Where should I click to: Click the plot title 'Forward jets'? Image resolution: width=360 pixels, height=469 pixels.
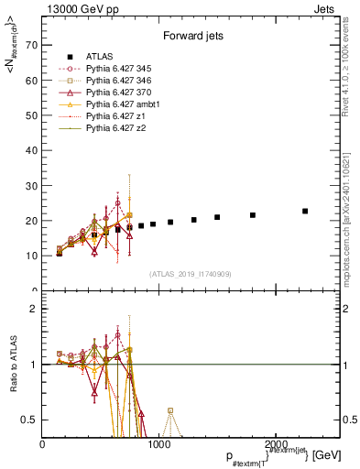coord(191,38)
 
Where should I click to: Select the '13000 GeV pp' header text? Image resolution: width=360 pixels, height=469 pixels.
coord(80,7)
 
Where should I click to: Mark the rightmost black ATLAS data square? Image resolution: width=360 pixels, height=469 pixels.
coord(305,211)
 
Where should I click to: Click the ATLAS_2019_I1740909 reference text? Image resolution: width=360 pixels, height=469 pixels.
coord(191,274)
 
